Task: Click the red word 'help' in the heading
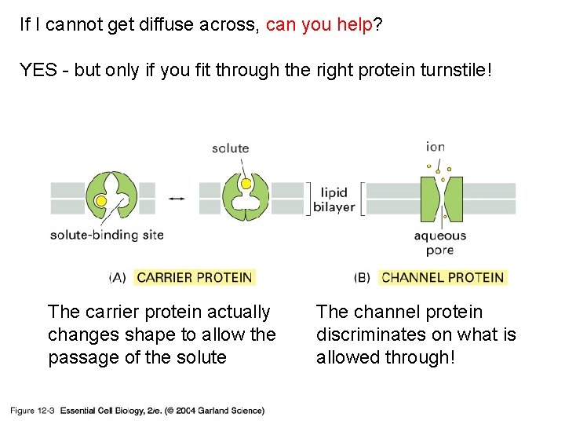(x=355, y=25)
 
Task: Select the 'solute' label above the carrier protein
(x=230, y=148)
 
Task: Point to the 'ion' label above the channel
(x=436, y=146)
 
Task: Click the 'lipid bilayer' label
(x=334, y=200)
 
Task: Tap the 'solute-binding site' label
(x=107, y=235)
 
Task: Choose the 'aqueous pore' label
(x=439, y=243)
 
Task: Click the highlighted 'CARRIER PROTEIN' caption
(x=195, y=277)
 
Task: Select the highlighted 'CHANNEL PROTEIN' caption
(x=443, y=277)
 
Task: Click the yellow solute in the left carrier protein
(x=100, y=201)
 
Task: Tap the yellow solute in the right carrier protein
(x=246, y=184)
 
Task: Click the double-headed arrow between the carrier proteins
(x=177, y=199)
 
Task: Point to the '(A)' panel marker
(x=118, y=277)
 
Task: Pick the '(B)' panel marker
(x=362, y=277)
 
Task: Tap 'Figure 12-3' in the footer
(x=32, y=410)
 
